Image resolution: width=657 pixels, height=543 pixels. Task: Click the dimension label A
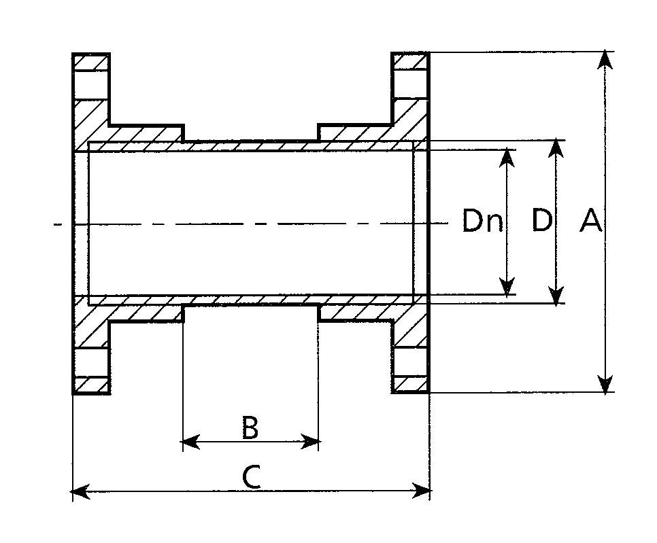pos(590,221)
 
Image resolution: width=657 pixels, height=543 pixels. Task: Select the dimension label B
pos(250,428)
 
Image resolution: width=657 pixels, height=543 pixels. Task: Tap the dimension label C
pos(251,478)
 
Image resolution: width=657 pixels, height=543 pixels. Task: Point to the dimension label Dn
pos(482,222)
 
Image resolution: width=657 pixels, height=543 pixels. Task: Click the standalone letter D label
pos(541,221)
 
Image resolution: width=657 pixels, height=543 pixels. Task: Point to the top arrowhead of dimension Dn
pos(507,157)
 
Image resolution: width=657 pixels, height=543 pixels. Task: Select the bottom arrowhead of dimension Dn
pos(507,288)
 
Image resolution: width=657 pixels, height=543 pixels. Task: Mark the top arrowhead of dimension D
pos(557,149)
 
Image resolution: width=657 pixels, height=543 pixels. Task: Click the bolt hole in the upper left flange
pos(91,84)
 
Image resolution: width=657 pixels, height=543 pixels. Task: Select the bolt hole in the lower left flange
pos(91,362)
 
